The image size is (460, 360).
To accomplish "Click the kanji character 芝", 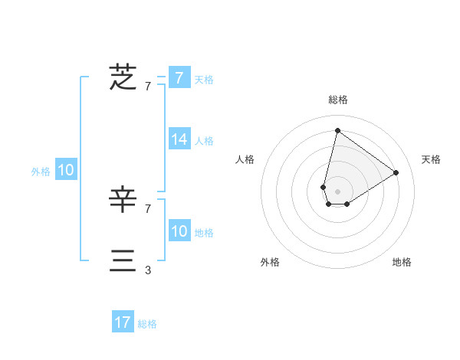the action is [x=123, y=77].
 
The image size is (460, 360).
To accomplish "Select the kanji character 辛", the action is [x=123, y=200].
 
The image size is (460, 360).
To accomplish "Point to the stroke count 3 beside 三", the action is [x=148, y=270].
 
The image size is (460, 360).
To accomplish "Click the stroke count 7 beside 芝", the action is [x=148, y=87].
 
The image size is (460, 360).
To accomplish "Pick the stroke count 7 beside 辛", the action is [x=148, y=208].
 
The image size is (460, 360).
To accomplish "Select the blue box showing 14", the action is [x=179, y=139].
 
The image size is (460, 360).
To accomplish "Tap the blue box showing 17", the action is [x=123, y=322].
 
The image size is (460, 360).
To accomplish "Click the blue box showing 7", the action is [x=179, y=77].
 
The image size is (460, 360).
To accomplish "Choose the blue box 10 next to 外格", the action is [x=66, y=170].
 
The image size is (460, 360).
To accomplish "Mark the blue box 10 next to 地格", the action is [x=179, y=231].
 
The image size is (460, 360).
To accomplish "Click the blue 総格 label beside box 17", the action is [x=147, y=324].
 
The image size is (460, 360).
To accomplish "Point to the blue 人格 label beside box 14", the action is [x=204, y=141].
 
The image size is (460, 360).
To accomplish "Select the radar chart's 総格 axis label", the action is [x=337, y=100].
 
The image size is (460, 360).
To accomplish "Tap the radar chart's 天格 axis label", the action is [x=431, y=159].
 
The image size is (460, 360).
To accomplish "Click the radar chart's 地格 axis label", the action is [x=402, y=262].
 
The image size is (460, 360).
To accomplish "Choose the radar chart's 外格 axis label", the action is [x=270, y=262].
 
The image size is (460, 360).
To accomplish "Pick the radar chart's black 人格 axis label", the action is [x=245, y=159].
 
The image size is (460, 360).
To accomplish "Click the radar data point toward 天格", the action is [x=396, y=172].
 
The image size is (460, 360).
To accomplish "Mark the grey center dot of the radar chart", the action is [x=337, y=191].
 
